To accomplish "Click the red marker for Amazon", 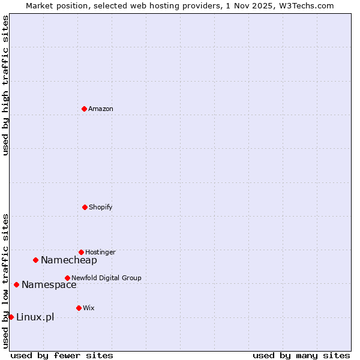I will [x=84, y=109].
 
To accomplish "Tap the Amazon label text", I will [x=100, y=109].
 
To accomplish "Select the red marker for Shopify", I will [x=85, y=207].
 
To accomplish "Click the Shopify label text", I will [x=100, y=208].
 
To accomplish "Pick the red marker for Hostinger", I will [x=81, y=252].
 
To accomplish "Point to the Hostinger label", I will [x=100, y=253].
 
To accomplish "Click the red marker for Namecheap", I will [x=35, y=260].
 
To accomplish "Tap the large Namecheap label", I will [x=68, y=260].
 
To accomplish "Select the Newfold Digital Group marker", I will [x=67, y=278].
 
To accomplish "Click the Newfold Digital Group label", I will [x=106, y=278].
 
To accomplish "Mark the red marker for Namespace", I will [x=16, y=284].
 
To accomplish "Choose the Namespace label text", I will [x=49, y=285].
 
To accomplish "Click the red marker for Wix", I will [x=79, y=308].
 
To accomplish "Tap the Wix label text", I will [x=88, y=308].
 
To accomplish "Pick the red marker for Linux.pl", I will [x=11, y=317].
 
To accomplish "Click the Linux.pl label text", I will [x=35, y=317].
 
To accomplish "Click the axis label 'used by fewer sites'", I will [x=62, y=356].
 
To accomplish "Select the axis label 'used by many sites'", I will [x=301, y=356].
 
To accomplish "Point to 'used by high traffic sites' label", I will [x=5, y=85].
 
